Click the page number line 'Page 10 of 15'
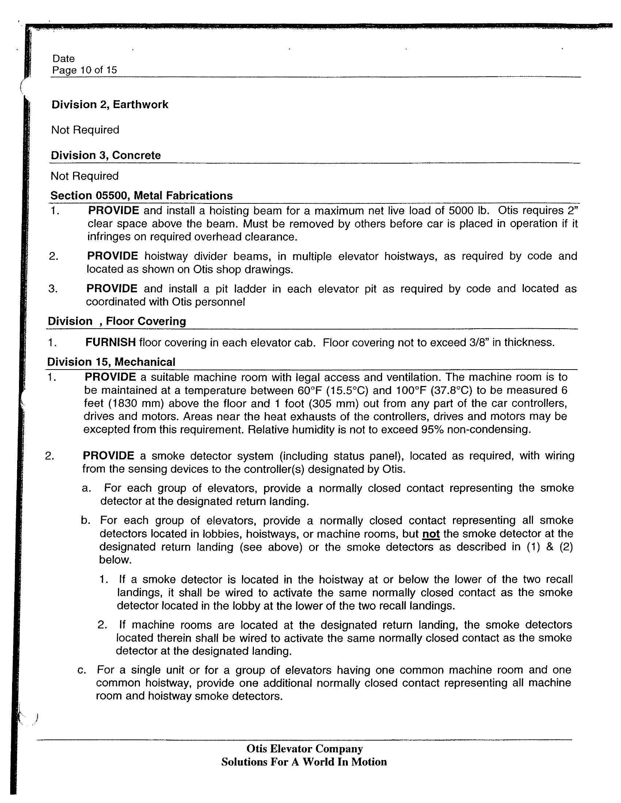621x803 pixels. (x=84, y=70)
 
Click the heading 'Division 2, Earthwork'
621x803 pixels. (x=110, y=105)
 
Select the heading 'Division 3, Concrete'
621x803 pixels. (x=106, y=155)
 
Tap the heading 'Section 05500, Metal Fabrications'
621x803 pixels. (x=141, y=195)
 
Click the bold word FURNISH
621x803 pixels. (x=110, y=342)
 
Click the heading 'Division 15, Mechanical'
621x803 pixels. (x=111, y=362)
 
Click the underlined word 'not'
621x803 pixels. (x=431, y=534)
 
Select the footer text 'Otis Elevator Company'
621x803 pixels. (x=305, y=749)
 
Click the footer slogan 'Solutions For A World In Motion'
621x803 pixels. (x=304, y=761)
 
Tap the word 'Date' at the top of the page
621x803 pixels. (x=63, y=58)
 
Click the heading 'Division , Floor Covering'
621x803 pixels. (x=117, y=321)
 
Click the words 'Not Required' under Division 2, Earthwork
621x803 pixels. (x=85, y=130)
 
